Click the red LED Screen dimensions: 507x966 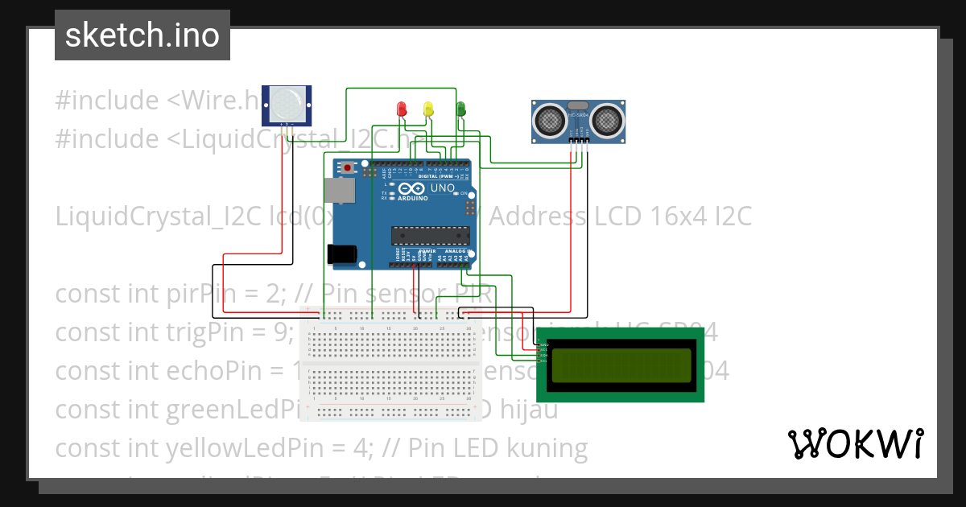pos(402,108)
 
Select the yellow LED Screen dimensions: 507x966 pos(428,108)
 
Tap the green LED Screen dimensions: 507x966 pos(461,108)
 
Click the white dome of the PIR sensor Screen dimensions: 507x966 pos(287,104)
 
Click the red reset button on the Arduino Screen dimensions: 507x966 pos(348,168)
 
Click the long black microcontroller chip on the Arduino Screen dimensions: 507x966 pos(430,234)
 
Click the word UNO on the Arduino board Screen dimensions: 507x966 pos(443,188)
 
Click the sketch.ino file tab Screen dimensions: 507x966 pos(142,35)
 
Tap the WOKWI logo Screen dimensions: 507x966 pos(856,443)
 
